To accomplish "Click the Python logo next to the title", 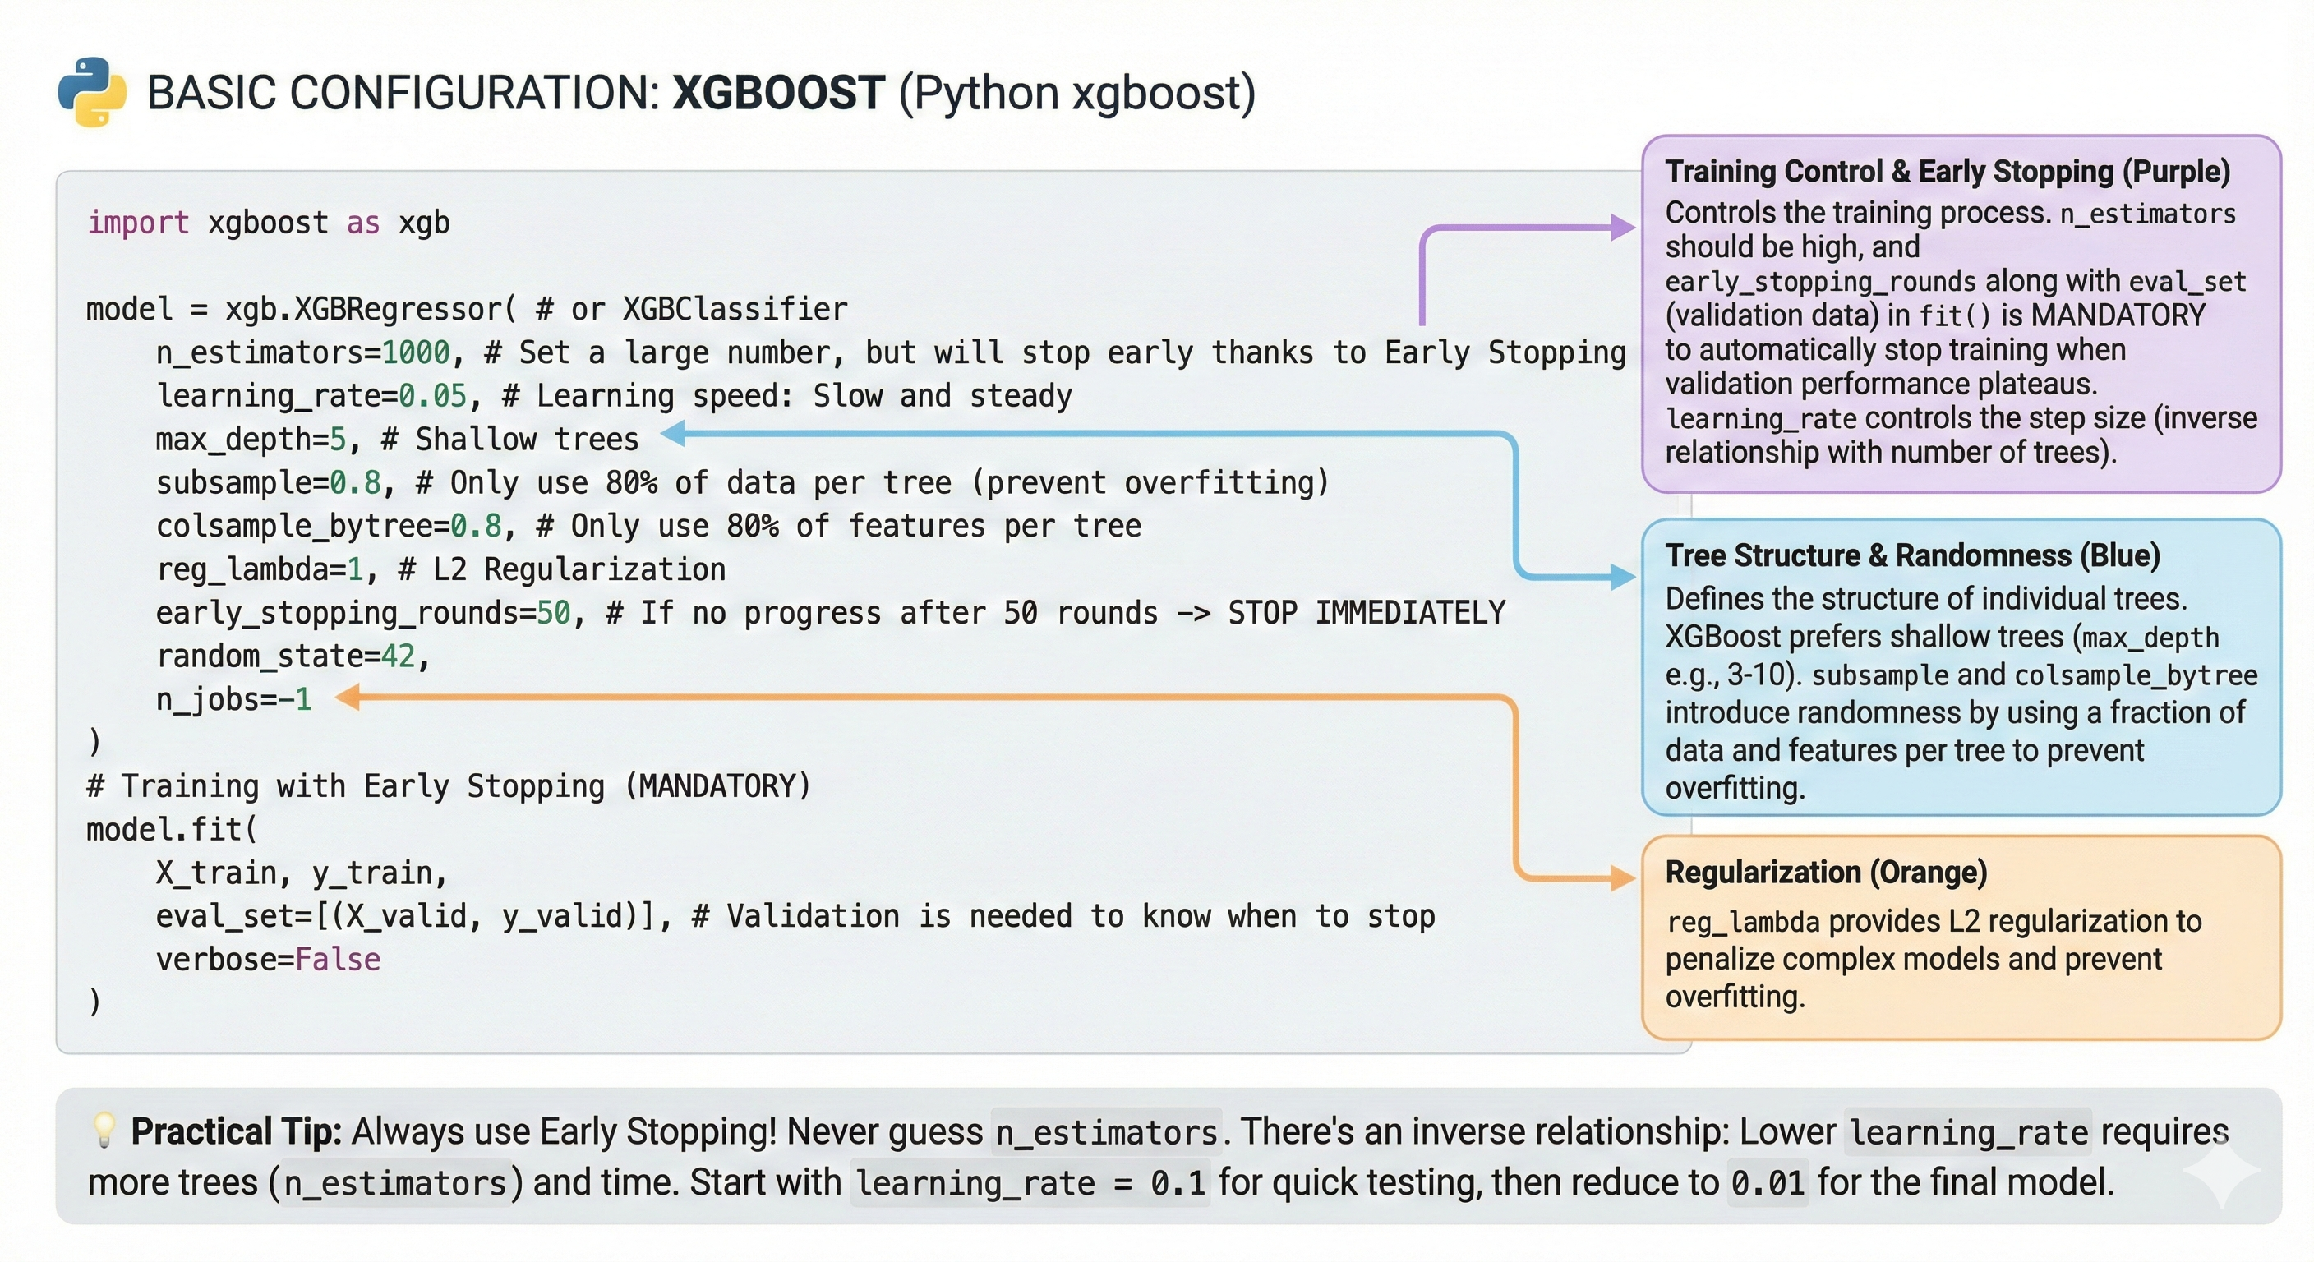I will pyautogui.click(x=92, y=92).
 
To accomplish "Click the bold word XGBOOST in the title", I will pyautogui.click(x=778, y=93).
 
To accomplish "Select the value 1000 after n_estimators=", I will pyautogui.click(x=415, y=352).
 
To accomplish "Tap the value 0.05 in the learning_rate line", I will pyautogui.click(x=432, y=396).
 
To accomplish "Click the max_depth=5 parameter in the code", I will pyautogui.click(x=251, y=440).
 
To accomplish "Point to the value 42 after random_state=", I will pyautogui.click(x=398, y=656).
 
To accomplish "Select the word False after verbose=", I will pyautogui.click(x=337, y=960).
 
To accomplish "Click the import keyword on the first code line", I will pyautogui.click(x=137, y=222).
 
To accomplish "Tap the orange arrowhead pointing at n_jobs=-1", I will pyautogui.click(x=348, y=697).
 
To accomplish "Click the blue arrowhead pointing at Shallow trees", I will pyautogui.click(x=674, y=434).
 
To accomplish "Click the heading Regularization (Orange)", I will pyautogui.click(x=1825, y=873).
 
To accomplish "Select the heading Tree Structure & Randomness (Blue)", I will pyautogui.click(x=1911, y=555).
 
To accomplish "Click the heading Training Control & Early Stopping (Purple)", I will pyautogui.click(x=1947, y=172).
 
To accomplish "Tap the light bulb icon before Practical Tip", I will pyautogui.click(x=104, y=1131).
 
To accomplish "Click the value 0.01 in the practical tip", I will pyautogui.click(x=1767, y=1183).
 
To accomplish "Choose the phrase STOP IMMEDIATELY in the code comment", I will pyautogui.click(x=1366, y=613).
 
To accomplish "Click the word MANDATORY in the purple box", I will pyautogui.click(x=2118, y=315).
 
